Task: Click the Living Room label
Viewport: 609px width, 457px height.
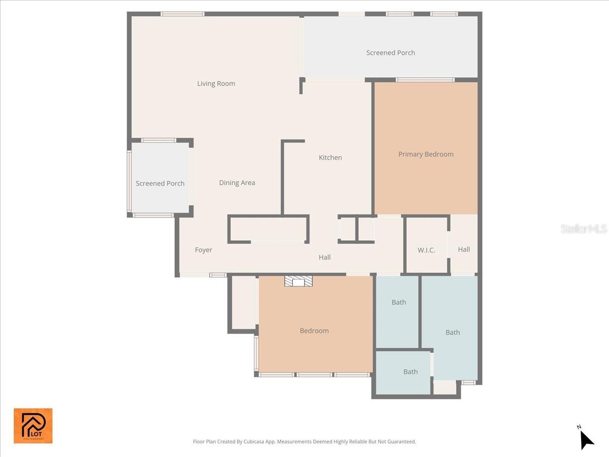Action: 216,84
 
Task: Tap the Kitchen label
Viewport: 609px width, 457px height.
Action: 330,158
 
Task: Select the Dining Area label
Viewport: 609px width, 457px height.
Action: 237,183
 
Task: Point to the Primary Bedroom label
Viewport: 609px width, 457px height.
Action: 426,154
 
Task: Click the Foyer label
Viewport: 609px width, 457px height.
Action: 204,250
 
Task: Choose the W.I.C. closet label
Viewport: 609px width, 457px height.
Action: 426,250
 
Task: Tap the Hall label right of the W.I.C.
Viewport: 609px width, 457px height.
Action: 464,249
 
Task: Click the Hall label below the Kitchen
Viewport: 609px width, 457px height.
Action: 325,257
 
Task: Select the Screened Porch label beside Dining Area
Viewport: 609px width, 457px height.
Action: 160,184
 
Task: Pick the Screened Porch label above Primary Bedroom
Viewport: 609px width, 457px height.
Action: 391,53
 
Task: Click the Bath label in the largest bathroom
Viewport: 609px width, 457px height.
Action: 453,333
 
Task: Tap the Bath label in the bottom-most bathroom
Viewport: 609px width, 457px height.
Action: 411,372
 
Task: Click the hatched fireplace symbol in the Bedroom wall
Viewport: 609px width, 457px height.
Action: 298,282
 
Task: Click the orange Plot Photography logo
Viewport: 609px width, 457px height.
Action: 33,426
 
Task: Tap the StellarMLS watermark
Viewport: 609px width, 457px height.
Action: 584,229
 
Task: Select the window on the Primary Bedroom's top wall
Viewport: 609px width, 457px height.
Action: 425,80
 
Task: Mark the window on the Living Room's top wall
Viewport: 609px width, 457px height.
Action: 183,14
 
